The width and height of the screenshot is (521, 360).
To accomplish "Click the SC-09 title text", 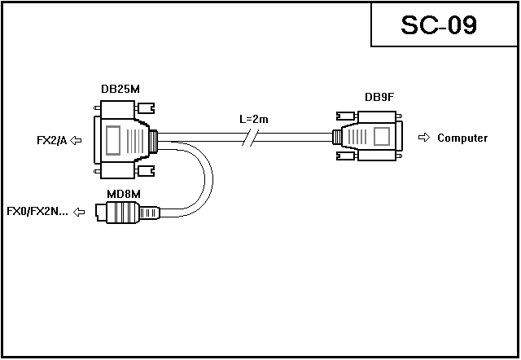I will point(439,25).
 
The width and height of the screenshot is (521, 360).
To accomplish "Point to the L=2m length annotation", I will point(254,119).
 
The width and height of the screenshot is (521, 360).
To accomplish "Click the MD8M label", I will point(125,193).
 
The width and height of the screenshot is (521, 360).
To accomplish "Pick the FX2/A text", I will point(51,140).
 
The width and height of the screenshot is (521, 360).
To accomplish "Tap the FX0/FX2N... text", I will point(37,213).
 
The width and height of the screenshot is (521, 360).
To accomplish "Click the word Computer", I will point(462,138).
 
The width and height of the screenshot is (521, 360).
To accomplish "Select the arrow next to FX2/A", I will point(77,140).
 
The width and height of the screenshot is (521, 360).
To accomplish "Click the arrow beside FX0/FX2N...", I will point(79,213).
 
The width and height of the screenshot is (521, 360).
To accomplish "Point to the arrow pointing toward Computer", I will point(423,138).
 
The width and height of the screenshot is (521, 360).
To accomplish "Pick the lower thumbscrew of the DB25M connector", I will point(146,170).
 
